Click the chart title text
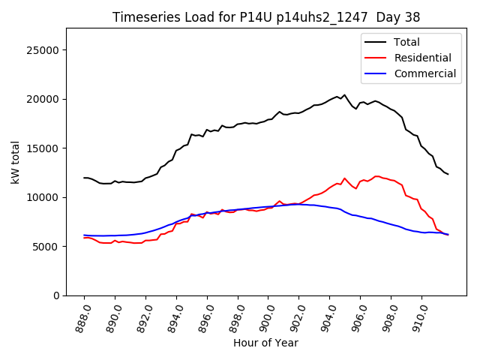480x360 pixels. point(266,17)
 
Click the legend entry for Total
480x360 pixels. point(406,42)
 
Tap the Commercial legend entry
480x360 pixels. point(424,73)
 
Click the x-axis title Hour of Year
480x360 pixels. point(265,343)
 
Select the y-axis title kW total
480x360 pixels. point(15,162)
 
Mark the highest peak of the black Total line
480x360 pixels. point(345,95)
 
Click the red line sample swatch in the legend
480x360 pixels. point(376,58)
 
